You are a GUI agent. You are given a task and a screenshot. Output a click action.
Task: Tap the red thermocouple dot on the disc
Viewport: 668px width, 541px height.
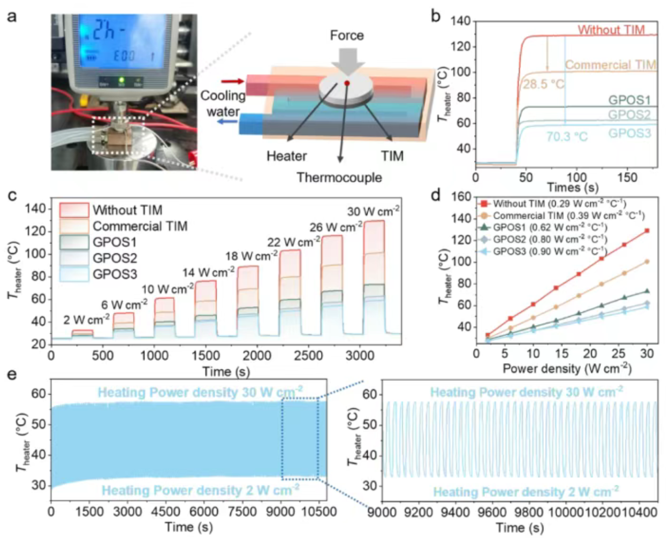347,83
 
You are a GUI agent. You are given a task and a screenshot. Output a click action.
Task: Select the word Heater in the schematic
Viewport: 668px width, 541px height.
286,157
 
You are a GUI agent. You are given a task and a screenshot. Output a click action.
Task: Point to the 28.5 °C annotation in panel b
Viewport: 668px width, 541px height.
544,84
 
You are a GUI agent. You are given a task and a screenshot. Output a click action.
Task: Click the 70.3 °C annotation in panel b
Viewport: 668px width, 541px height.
567,137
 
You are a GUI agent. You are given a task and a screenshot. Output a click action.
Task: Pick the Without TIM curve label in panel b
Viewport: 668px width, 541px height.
611,30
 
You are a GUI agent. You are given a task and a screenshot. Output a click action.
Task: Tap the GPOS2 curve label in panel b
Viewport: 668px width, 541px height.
629,114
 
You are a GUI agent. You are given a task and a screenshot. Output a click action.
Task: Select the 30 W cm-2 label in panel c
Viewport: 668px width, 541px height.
373,211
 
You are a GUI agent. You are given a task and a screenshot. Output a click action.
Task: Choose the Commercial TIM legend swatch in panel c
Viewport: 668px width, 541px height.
74,226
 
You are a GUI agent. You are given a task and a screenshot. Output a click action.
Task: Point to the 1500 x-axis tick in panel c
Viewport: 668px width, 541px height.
206,356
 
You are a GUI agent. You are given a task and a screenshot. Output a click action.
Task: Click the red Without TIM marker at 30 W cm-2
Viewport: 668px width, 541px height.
647,231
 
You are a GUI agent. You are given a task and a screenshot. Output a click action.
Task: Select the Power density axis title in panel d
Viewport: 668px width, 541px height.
567,369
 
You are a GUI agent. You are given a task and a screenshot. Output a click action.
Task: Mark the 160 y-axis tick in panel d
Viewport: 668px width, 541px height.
461,197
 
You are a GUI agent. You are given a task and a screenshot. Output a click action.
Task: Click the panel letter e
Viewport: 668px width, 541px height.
11,375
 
